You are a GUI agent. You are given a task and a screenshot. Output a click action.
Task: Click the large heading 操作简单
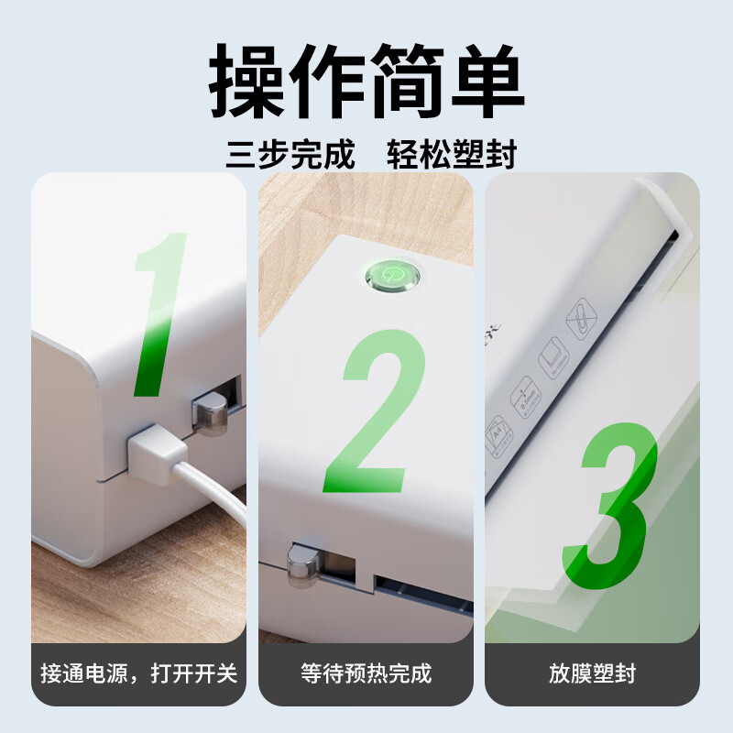(366, 81)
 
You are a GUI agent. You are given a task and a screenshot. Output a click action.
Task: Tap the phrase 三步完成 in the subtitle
(290, 154)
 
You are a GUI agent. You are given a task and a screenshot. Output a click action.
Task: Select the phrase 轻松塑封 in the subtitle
(452, 154)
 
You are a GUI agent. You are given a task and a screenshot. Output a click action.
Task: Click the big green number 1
(159, 314)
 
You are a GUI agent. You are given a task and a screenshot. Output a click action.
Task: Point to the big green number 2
(374, 410)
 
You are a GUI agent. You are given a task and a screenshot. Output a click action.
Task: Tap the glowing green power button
(393, 275)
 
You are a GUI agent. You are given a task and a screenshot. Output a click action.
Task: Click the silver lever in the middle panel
(303, 563)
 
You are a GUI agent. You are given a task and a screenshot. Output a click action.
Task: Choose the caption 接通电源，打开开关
(139, 673)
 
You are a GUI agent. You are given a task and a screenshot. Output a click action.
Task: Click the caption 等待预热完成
(366, 673)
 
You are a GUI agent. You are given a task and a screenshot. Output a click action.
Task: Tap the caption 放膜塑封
(592, 673)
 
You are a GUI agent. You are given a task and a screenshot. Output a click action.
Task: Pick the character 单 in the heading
(487, 81)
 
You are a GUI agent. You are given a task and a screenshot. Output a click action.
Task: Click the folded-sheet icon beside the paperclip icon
(554, 358)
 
